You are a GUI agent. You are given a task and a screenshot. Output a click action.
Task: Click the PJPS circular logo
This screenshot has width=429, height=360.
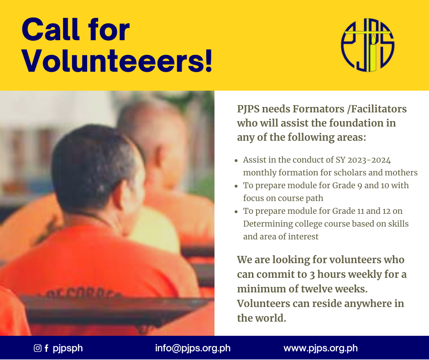pyautogui.click(x=367, y=45)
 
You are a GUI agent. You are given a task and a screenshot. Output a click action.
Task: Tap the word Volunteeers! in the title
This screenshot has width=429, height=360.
pyautogui.click(x=117, y=61)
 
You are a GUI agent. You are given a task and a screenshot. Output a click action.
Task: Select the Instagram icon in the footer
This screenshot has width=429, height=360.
pyautogui.click(x=37, y=348)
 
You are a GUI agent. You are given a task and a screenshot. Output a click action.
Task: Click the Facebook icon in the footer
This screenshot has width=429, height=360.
pyautogui.click(x=47, y=348)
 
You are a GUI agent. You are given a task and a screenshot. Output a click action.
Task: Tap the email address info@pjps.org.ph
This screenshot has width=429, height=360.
pyautogui.click(x=193, y=348)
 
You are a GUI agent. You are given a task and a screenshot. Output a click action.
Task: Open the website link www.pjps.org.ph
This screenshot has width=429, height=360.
pyautogui.click(x=320, y=348)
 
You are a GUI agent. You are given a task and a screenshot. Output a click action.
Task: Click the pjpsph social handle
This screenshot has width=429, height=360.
pyautogui.click(x=68, y=348)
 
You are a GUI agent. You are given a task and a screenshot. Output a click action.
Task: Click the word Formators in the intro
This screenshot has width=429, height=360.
pyautogui.click(x=319, y=109)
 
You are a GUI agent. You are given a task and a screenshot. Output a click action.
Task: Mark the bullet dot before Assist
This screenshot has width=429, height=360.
pyautogui.click(x=236, y=160)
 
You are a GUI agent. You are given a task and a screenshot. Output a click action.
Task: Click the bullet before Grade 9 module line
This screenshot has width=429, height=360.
pyautogui.click(x=236, y=186)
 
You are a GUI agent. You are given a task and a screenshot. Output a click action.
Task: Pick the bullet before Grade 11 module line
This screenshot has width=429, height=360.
pyautogui.click(x=236, y=212)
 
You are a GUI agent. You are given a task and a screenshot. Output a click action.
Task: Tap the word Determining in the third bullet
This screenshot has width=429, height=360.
pyautogui.click(x=268, y=224)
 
